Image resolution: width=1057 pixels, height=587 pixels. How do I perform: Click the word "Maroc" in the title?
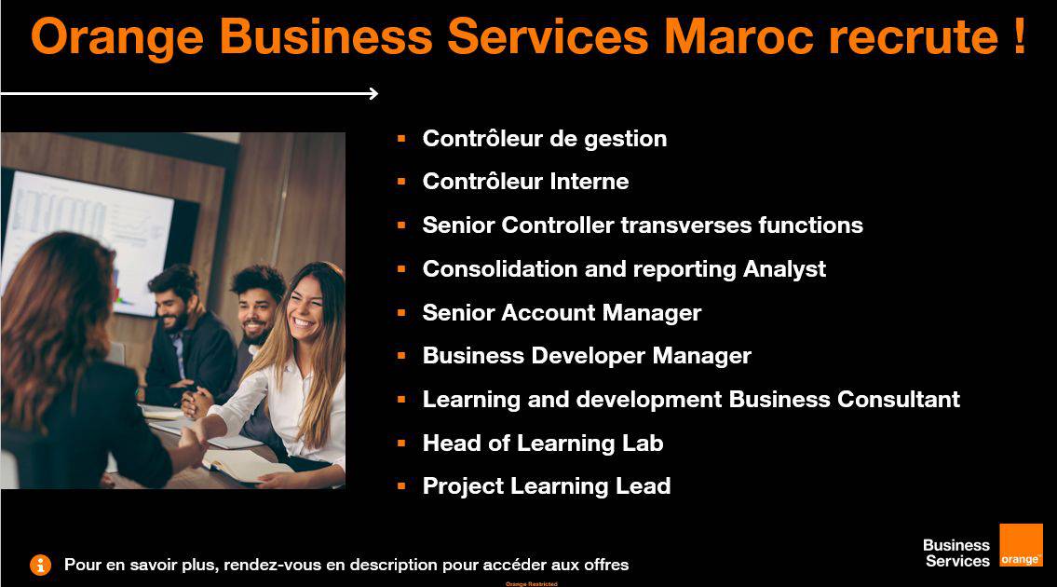point(739,35)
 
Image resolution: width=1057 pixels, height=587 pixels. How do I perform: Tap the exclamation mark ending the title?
point(1019,35)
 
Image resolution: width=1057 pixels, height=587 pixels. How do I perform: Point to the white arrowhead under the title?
point(373,94)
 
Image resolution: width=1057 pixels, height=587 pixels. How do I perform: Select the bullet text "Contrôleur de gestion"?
point(545,139)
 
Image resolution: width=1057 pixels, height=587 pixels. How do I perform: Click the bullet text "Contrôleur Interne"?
point(526,182)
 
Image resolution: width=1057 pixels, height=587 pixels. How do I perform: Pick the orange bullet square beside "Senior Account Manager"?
point(401,313)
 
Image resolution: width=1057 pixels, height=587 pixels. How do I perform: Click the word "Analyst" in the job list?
point(785,269)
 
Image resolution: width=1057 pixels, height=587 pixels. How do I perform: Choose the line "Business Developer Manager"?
point(587,356)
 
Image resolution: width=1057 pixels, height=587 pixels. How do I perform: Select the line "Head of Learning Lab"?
point(543,444)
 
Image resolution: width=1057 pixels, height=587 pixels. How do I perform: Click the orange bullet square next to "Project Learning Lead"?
point(401,485)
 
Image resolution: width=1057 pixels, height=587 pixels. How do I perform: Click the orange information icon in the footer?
point(40,565)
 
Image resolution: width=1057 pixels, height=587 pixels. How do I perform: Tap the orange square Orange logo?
point(1021,545)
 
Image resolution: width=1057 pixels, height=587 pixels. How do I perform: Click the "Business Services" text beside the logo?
point(956,553)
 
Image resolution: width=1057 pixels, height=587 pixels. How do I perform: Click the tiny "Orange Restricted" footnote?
point(531,583)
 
